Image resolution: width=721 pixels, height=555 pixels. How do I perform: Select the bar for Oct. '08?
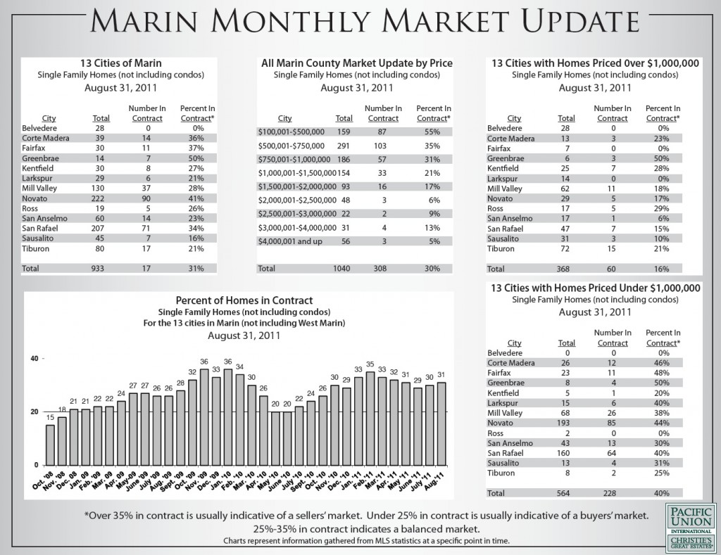coord(50,445)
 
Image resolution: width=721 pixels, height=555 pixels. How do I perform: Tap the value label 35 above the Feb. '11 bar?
coord(370,365)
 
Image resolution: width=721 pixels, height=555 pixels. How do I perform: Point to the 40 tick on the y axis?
coord(34,359)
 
